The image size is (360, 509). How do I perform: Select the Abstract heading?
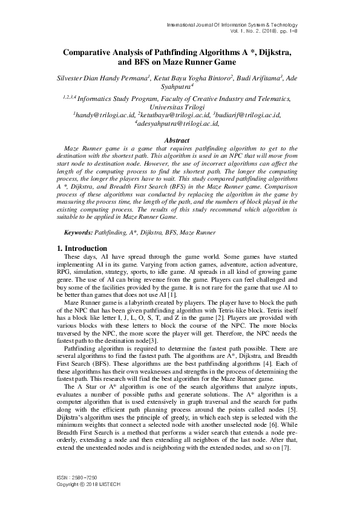[x=180, y=140]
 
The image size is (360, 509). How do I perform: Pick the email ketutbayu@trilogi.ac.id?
[x=175, y=114]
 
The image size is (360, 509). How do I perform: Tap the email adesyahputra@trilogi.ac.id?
[x=180, y=123]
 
